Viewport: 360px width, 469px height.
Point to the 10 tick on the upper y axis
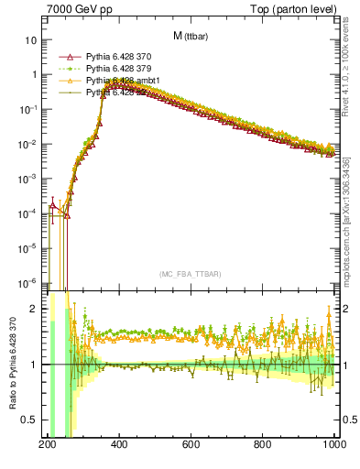click(x=31, y=40)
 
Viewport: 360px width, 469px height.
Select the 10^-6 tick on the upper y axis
click(x=27, y=282)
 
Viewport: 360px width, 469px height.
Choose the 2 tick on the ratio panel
click(x=33, y=309)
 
